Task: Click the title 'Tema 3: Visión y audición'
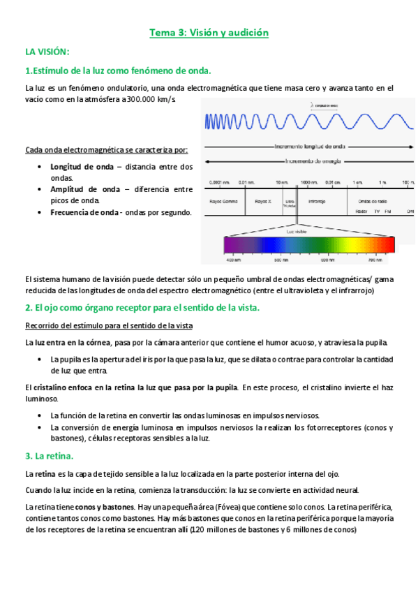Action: [x=209, y=33]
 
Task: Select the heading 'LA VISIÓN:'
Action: [x=47, y=52]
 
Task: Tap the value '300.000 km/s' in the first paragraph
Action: [x=151, y=99]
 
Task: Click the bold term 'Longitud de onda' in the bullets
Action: [x=80, y=167]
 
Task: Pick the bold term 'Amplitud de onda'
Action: [x=80, y=189]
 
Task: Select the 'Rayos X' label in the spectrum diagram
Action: [x=263, y=201]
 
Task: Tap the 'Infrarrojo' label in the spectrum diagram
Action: [x=317, y=201]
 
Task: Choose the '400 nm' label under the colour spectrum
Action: [x=232, y=260]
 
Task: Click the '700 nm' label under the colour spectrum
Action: [x=375, y=260]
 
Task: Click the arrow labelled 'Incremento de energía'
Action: [x=307, y=161]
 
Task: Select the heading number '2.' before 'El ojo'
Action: [x=29, y=307]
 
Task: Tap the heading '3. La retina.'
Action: [x=49, y=456]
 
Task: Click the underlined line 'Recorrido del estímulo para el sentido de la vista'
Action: [x=108, y=326]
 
